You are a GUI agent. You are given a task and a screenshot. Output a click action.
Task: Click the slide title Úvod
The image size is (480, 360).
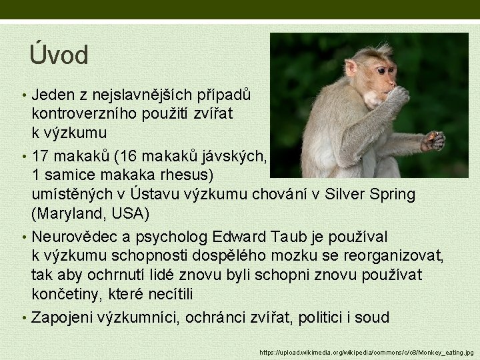click(x=59, y=55)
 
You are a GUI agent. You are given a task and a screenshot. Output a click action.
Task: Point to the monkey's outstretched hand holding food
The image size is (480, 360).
click(x=434, y=141)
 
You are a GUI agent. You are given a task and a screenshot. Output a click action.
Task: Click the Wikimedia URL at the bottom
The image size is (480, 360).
click(x=367, y=351)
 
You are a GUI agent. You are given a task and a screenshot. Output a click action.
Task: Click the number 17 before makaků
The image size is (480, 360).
click(x=42, y=157)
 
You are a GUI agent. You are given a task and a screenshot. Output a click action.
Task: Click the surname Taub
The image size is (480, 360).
click(x=289, y=237)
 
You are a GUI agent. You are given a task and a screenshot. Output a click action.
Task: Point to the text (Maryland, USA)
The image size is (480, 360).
click(x=91, y=214)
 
